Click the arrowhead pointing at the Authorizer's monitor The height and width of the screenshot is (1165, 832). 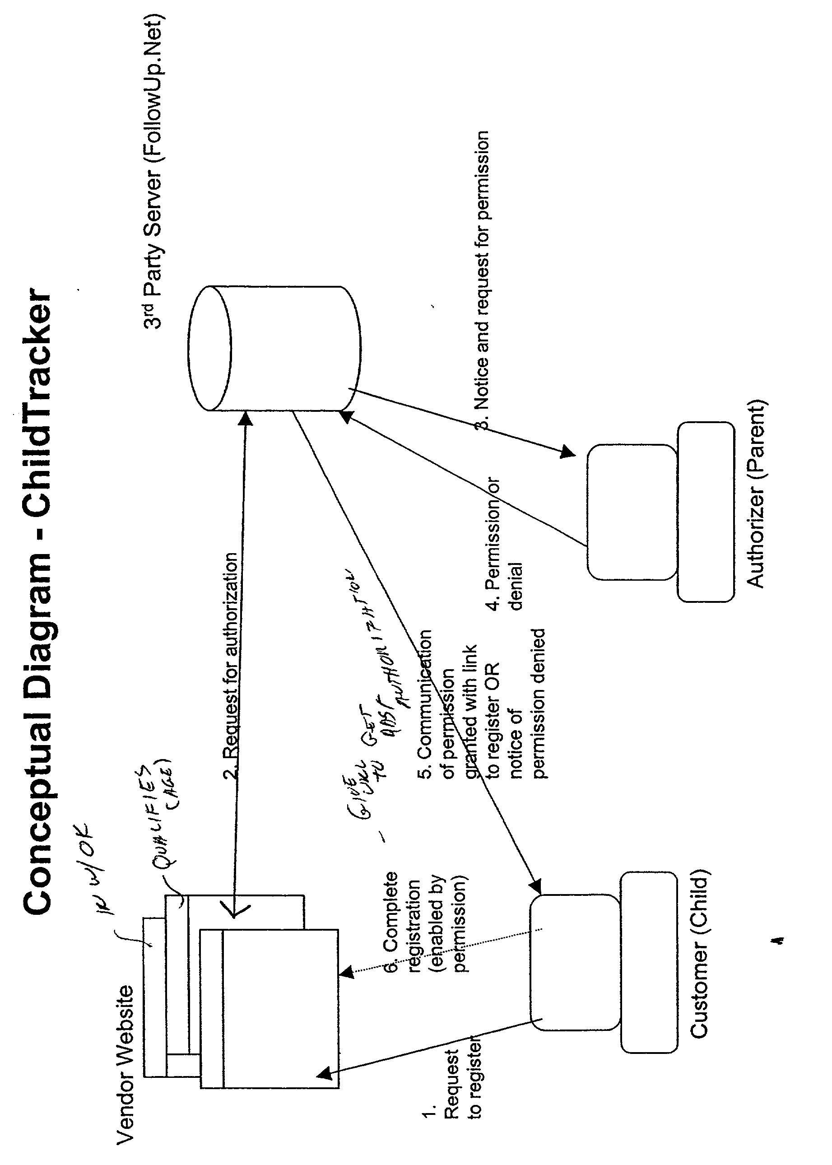coord(567,452)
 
